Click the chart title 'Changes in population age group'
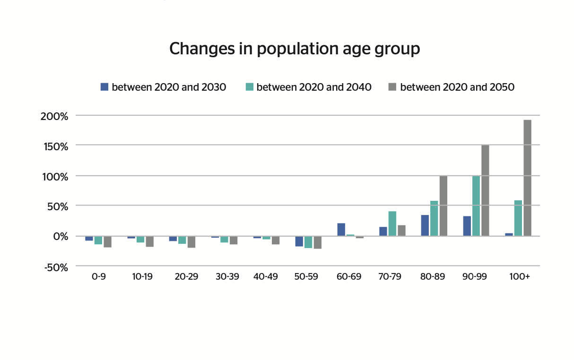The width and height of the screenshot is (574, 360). [x=295, y=49]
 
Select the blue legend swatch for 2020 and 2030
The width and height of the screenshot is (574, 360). [x=104, y=87]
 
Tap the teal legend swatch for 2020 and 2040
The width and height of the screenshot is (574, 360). [x=249, y=87]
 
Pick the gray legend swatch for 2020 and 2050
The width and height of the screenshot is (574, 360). [x=392, y=87]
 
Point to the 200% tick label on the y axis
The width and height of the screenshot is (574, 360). [x=54, y=117]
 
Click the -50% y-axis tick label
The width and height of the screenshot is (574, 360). [x=56, y=267]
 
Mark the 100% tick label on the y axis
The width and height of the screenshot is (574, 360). [x=55, y=177]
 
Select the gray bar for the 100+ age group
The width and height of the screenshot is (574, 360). [x=527, y=178]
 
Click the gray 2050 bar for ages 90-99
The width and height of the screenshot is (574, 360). [x=485, y=190]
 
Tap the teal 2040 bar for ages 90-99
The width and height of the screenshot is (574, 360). [x=476, y=206]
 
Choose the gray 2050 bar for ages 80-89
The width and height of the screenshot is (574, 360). [x=444, y=206]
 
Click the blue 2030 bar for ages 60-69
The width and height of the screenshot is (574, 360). [x=341, y=230]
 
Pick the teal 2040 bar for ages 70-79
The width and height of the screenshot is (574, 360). [x=392, y=224]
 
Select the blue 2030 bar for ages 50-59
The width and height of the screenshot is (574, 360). [x=299, y=241]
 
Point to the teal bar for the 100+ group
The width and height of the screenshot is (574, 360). [x=518, y=218]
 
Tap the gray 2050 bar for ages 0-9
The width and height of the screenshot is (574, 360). [x=108, y=242]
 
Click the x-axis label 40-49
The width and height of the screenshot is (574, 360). [x=265, y=277]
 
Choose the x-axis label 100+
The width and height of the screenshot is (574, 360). [x=520, y=277]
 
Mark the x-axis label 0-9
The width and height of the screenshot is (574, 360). [x=99, y=277]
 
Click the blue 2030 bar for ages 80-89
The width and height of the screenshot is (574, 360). [x=425, y=225]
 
